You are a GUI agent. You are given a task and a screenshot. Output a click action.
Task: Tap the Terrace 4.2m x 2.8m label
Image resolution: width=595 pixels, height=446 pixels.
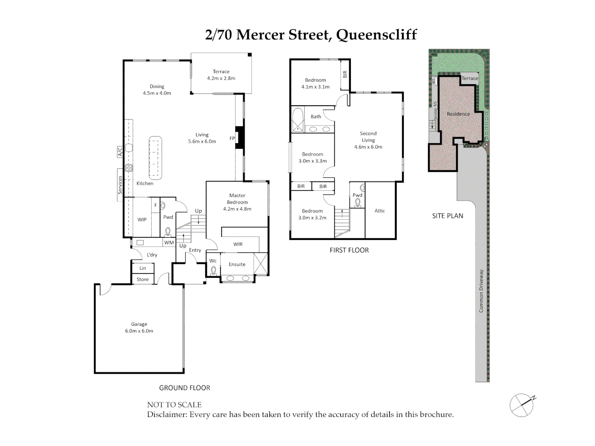[221, 75]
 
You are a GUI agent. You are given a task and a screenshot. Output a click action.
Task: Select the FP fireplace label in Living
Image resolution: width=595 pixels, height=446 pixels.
[232, 138]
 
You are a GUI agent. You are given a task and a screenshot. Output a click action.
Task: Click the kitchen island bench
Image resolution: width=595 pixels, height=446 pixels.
[155, 157]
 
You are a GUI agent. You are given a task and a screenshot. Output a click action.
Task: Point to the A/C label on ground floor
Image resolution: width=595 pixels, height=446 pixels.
[120, 152]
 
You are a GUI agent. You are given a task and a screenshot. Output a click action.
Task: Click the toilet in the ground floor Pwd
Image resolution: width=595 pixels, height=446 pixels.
[168, 231]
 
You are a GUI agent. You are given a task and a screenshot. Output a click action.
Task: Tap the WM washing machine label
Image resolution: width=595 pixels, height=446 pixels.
[169, 243]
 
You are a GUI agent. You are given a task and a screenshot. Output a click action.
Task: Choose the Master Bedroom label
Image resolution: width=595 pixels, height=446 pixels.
[237, 202]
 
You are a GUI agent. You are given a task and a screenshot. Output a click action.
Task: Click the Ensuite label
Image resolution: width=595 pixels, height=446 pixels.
[237, 264]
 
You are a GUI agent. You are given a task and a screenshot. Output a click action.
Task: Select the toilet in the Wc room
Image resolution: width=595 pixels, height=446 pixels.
[214, 271]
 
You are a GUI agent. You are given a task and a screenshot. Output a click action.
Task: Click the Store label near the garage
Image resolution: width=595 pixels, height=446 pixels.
[143, 280]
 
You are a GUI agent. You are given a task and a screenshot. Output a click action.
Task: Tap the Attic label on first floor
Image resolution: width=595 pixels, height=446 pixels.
[380, 211]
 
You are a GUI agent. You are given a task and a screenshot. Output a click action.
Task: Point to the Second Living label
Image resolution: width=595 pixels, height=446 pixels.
[368, 140]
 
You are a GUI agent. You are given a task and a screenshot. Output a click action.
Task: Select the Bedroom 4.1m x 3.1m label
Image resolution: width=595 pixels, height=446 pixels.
[315, 83]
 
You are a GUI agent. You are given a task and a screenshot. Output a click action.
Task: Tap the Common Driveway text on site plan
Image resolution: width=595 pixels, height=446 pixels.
[481, 291]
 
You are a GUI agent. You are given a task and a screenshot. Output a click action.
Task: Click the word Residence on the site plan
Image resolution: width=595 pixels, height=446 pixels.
[458, 114]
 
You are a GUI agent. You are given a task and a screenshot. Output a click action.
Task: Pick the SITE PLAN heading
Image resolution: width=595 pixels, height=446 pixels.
[447, 216]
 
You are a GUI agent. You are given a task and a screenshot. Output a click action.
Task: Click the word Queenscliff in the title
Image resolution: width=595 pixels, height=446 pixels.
[376, 35]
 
